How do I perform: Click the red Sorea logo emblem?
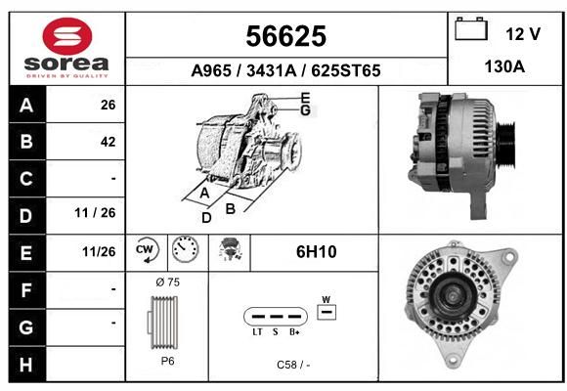67,36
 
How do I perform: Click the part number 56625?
286,36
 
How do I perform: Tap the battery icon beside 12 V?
471,28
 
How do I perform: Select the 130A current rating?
504,66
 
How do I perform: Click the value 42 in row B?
109,142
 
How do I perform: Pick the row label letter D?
26,216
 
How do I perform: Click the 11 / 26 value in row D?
95,213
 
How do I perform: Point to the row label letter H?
26,365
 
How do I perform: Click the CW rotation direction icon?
147,249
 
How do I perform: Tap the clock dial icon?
185,249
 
